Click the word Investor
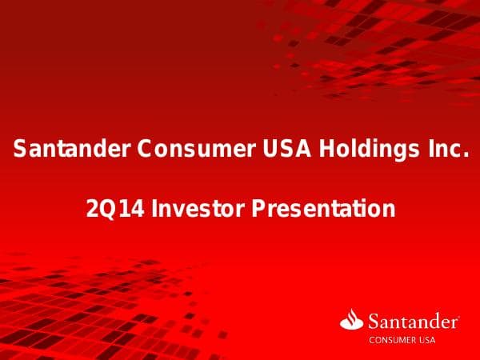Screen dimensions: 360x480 [x=192, y=210]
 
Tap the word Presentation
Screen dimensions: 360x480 [x=323, y=210]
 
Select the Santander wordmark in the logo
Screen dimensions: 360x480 [x=412, y=322]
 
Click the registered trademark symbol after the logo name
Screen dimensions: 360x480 [x=458, y=317]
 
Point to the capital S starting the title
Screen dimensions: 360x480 [x=21, y=149]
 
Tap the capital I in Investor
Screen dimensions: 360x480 [x=155, y=210]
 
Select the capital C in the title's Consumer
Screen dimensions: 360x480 [x=145, y=149]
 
